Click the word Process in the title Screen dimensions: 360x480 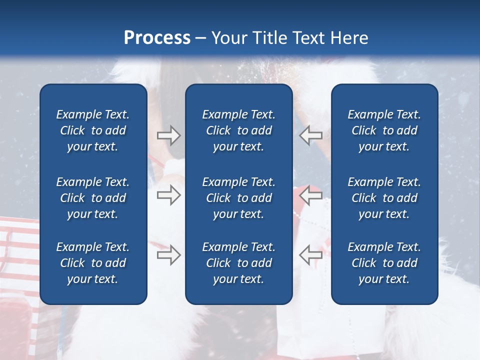[x=157, y=38]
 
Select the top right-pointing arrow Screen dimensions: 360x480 [x=168, y=135]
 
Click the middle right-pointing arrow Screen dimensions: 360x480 [x=168, y=195]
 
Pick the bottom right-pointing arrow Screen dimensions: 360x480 [x=168, y=255]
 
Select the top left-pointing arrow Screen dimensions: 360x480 [x=310, y=135]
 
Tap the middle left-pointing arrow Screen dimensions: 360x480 [x=310, y=195]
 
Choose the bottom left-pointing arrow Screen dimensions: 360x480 [x=310, y=255]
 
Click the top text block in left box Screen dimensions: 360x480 [x=93, y=130]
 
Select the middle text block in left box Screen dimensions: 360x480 [x=93, y=198]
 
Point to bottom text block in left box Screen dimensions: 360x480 [x=93, y=263]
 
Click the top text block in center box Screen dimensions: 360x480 [x=238, y=130]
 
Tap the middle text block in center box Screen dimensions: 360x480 [x=238, y=198]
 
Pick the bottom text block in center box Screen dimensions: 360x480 [x=238, y=263]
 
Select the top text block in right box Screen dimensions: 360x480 [x=384, y=130]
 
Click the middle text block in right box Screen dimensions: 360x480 [x=384, y=198]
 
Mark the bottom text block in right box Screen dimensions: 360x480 [x=384, y=263]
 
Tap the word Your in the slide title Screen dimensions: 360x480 [x=229, y=38]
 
